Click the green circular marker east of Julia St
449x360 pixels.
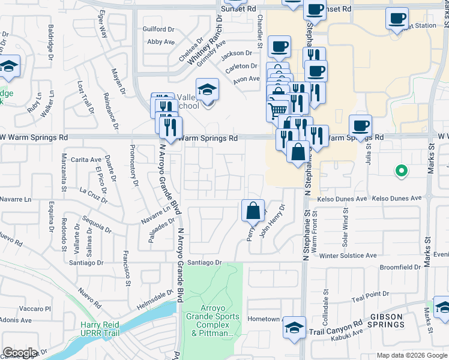coord(401,172)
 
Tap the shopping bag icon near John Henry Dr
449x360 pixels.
coord(253,211)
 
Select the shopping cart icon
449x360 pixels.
coord(277,110)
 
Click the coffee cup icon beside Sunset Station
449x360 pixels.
coord(397,19)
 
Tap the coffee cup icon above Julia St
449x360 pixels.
coord(360,126)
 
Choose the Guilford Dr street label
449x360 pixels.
coord(158,29)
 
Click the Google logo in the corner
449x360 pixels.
coord(20,353)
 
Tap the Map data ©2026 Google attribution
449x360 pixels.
coord(412,355)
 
